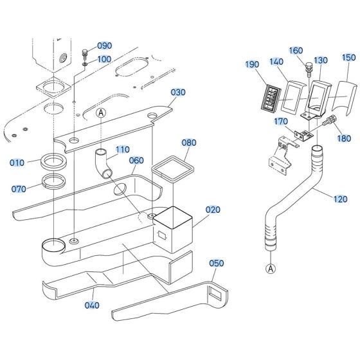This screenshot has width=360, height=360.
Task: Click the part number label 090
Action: tap(104, 46)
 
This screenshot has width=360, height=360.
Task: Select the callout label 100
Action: tap(104, 59)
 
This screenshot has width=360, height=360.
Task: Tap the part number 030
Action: tap(177, 92)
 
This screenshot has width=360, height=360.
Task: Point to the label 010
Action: tap(17, 162)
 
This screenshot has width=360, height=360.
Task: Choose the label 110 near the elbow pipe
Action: tap(122, 148)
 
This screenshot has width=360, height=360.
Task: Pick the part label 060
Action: tap(136, 161)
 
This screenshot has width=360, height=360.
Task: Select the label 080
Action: tap(188, 142)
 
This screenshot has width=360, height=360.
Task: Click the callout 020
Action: tap(213, 210)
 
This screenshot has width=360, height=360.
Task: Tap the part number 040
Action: tap(93, 305)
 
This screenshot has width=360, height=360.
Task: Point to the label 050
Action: tap(217, 264)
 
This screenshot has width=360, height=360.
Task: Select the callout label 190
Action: tap(252, 64)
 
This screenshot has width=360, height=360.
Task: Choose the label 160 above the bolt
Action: tap(296, 51)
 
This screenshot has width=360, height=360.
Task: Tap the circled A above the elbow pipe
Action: tap(100, 113)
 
